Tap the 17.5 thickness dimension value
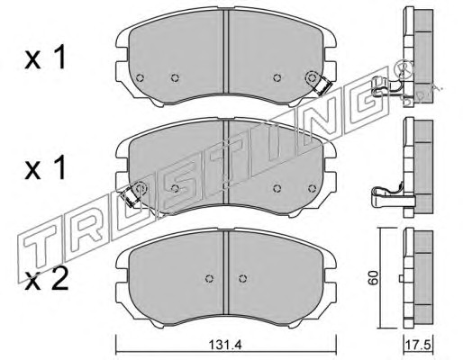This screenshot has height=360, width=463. (418, 344)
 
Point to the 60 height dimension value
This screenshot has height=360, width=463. (374, 278)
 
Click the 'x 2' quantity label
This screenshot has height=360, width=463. (47, 280)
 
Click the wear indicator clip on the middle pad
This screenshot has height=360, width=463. (129, 197)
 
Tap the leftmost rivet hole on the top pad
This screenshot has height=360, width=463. (140, 78)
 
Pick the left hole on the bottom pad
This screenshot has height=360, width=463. (209, 278)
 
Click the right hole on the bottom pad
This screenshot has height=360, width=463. (242, 278)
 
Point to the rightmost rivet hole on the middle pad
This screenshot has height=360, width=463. (313, 188)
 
